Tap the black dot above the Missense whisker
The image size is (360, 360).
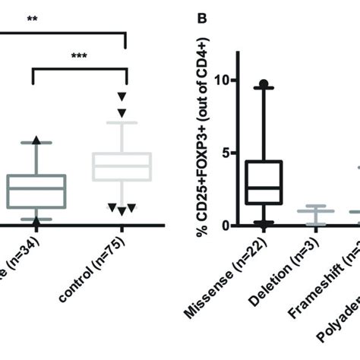[262, 84]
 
